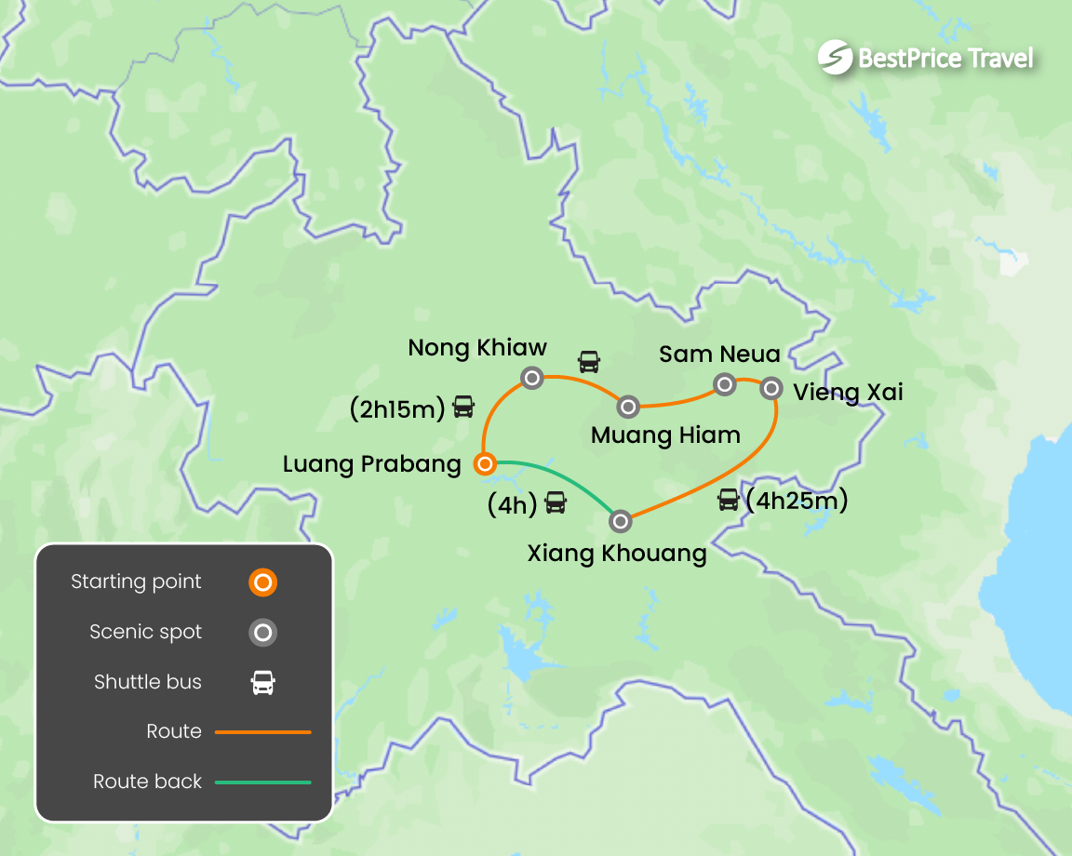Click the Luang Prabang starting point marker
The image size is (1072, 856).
484,463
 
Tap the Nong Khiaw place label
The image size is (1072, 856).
477,348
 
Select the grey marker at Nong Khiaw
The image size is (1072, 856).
531,378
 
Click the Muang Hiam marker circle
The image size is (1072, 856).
628,407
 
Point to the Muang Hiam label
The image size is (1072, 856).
665,435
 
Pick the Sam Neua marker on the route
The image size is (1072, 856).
724,383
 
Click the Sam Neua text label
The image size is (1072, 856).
719,354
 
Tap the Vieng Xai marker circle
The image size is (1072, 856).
770,388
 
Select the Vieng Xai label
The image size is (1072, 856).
848,392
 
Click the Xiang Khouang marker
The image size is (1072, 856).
621,521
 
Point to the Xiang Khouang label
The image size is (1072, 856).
617,554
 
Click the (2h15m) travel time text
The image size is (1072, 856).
397,408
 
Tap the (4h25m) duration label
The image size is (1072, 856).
797,501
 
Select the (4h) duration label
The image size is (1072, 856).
513,504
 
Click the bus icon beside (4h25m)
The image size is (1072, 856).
728,501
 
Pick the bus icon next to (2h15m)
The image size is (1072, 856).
463,407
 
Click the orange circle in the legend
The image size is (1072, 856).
263,583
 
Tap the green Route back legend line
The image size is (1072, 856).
263,782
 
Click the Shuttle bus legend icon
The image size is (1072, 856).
263,683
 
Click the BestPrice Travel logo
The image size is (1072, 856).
926,58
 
